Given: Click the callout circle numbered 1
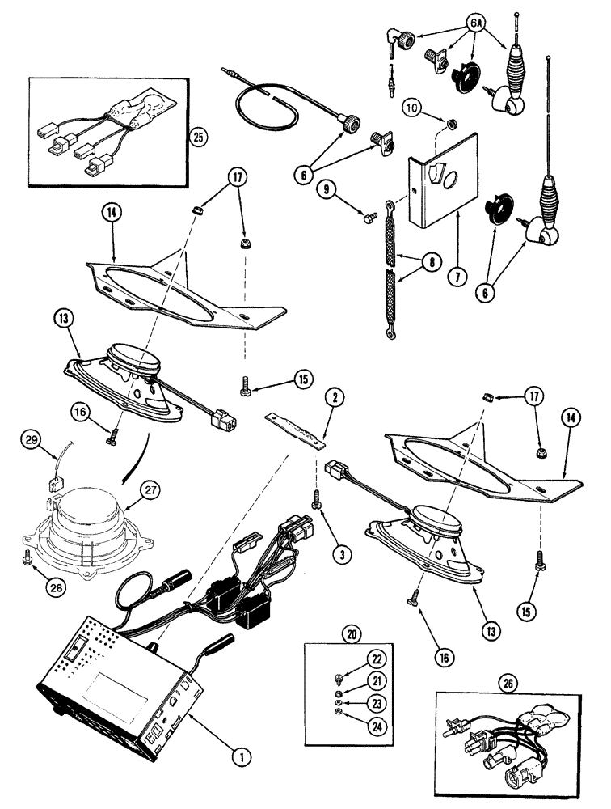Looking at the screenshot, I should coord(238,757).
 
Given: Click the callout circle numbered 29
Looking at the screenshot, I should coord(30,439).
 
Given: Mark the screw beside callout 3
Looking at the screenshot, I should coord(316,502).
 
